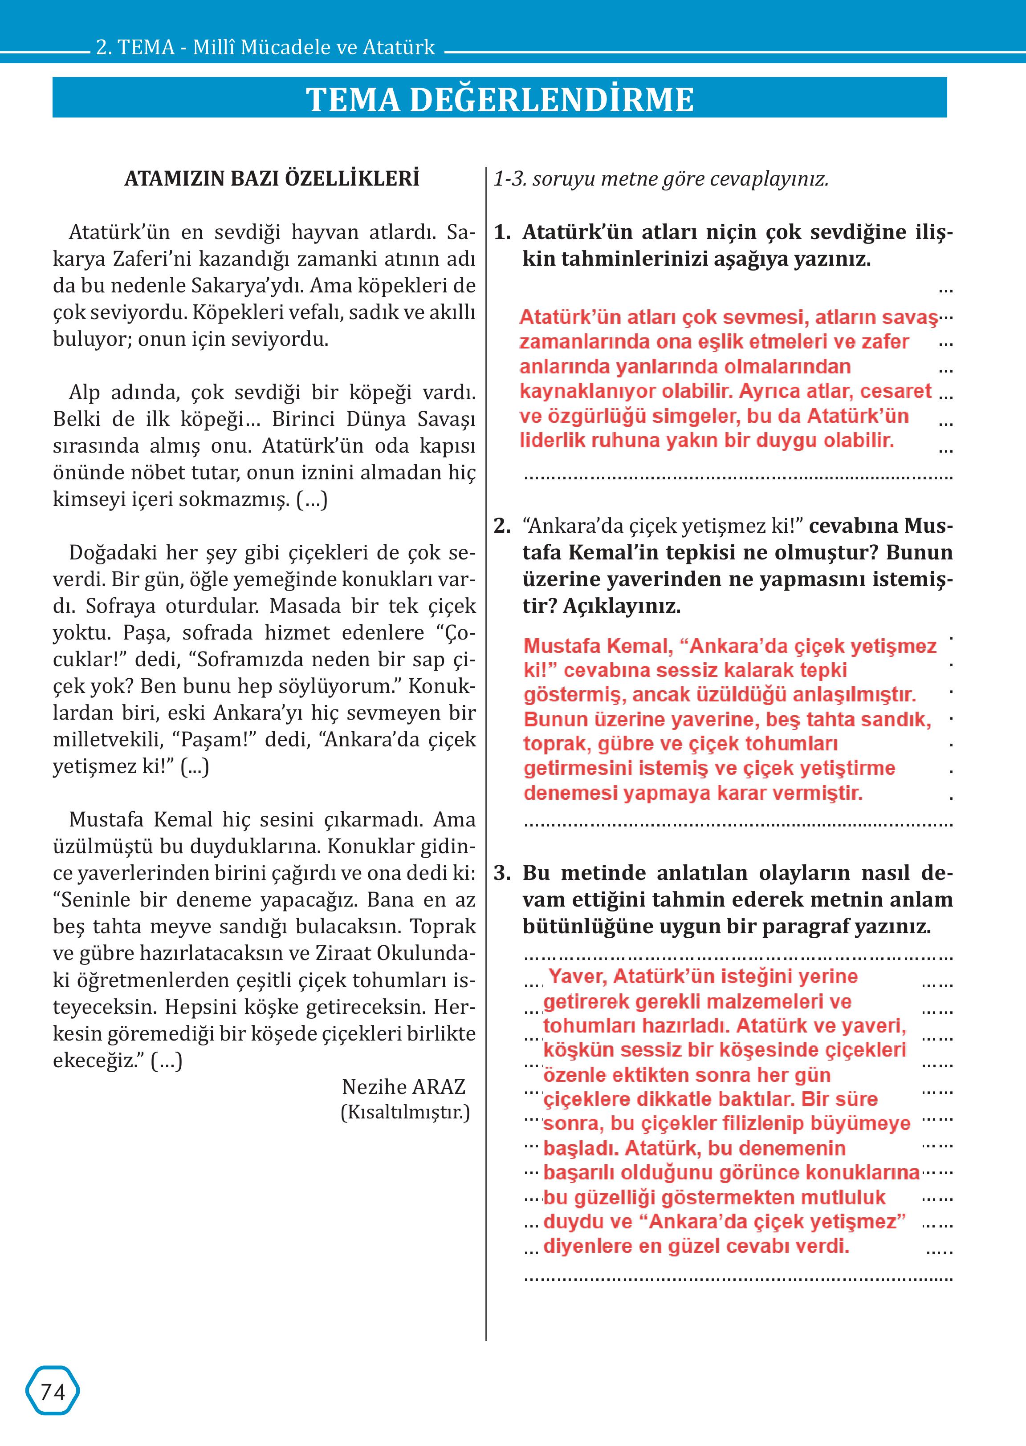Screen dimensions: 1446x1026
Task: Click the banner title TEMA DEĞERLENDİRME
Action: point(500,99)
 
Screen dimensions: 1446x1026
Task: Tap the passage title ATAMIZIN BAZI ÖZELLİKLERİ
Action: point(272,179)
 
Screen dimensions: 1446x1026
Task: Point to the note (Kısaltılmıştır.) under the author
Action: point(405,1112)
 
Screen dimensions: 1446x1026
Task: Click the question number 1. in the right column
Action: point(502,232)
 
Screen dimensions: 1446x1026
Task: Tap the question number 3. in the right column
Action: point(502,873)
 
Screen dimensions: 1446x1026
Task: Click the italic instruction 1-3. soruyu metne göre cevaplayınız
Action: point(660,179)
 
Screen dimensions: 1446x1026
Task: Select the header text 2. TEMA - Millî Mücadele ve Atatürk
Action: point(265,47)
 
